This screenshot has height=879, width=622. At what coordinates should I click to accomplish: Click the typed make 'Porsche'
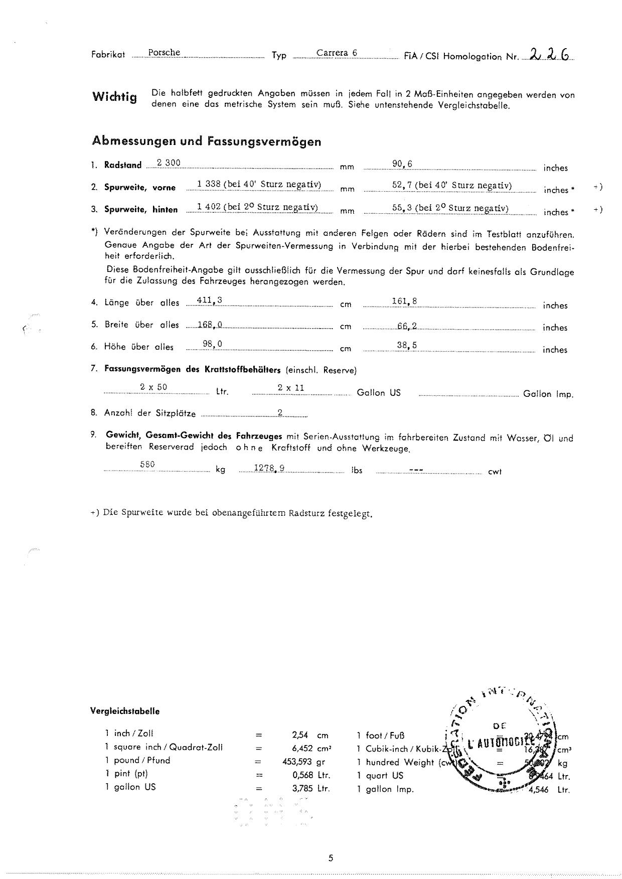coord(164,53)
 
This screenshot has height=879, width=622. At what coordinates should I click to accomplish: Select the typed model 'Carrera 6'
coord(337,53)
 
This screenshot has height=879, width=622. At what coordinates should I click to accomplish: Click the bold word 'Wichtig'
coord(114,96)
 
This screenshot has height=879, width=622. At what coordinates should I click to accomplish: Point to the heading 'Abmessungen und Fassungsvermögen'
coord(206,141)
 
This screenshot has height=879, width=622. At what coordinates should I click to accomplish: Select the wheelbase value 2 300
coord(169,163)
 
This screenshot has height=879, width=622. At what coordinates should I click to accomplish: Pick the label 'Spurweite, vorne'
coord(140,188)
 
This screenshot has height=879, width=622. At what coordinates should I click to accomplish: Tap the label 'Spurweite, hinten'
coord(141,210)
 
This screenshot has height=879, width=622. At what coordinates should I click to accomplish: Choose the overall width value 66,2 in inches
coord(407,326)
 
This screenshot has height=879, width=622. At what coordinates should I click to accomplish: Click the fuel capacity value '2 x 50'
coord(153,387)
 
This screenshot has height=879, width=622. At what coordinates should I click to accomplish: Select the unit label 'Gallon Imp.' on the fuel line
coord(548,394)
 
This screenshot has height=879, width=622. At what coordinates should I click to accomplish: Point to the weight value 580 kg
coord(147,465)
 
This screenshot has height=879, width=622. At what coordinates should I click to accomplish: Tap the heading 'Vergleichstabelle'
coord(125,711)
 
